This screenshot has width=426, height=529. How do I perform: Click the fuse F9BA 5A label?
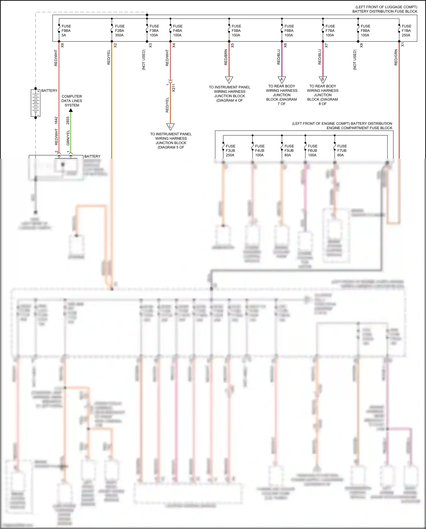click(x=66, y=31)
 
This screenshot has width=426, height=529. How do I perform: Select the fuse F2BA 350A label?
click(x=120, y=31)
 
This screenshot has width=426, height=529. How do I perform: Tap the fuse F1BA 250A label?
click(x=406, y=31)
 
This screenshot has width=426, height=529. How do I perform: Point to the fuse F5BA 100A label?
click(x=236, y=31)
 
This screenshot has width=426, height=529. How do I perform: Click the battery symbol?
click(x=35, y=103)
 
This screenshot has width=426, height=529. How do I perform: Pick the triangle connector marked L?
click(x=170, y=126)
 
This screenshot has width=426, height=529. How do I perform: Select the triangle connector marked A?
click(x=282, y=79)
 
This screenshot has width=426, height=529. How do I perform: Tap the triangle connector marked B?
click(x=323, y=79)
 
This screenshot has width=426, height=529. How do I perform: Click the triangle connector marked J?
click(x=229, y=79)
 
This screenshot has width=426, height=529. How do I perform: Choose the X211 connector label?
click(x=174, y=88)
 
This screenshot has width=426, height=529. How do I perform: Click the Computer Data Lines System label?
click(x=72, y=101)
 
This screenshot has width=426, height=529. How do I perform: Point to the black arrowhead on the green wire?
click(x=71, y=110)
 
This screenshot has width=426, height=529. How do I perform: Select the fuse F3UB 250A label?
click(x=230, y=151)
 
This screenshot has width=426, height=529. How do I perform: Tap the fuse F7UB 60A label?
click(x=342, y=151)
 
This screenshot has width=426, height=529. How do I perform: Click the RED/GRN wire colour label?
click(x=396, y=57)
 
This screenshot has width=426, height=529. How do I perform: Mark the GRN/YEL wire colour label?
click(x=68, y=138)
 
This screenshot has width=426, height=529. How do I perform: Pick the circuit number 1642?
click(x=56, y=121)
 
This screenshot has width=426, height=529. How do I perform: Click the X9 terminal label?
click(x=62, y=45)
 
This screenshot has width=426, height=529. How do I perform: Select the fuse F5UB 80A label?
click(x=289, y=151)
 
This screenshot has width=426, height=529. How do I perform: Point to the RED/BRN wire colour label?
click(x=226, y=57)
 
